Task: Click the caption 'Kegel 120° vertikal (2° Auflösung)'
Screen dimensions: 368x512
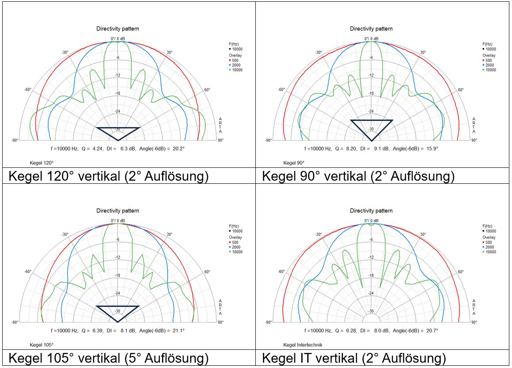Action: pos(108,176)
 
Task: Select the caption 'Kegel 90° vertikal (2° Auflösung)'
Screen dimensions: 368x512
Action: pos(358,176)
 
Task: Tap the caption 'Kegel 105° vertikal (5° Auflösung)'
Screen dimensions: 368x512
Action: pos(108,358)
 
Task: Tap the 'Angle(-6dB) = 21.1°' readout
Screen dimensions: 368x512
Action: pos(163,330)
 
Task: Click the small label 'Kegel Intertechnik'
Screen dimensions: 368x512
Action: pos(303,345)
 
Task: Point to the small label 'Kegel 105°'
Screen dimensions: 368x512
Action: pos(42,345)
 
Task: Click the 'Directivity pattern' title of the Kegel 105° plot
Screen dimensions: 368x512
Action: pos(118,211)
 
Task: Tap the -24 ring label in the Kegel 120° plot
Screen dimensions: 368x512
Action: pos(118,111)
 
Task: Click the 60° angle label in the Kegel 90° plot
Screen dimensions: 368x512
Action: pos(461,89)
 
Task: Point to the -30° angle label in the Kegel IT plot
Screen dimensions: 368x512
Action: pos(318,235)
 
